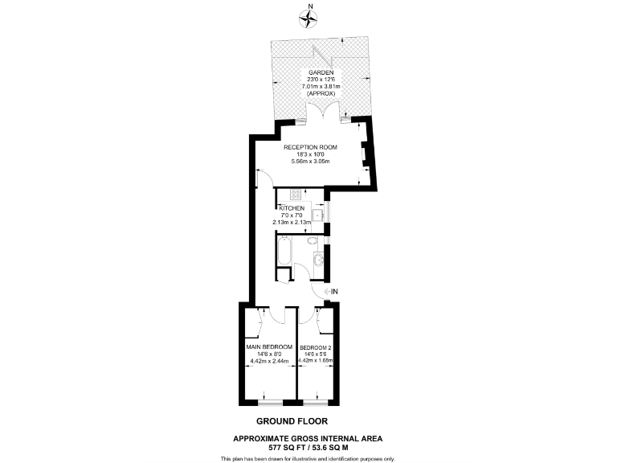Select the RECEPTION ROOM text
tap(310, 147)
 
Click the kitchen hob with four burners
tap(295, 194)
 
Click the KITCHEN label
tap(292, 208)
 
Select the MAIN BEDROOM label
tap(268, 346)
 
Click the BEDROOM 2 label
tap(314, 346)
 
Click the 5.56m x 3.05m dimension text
tap(310, 162)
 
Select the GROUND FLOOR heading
tap(292, 420)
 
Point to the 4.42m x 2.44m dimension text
tap(268, 361)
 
